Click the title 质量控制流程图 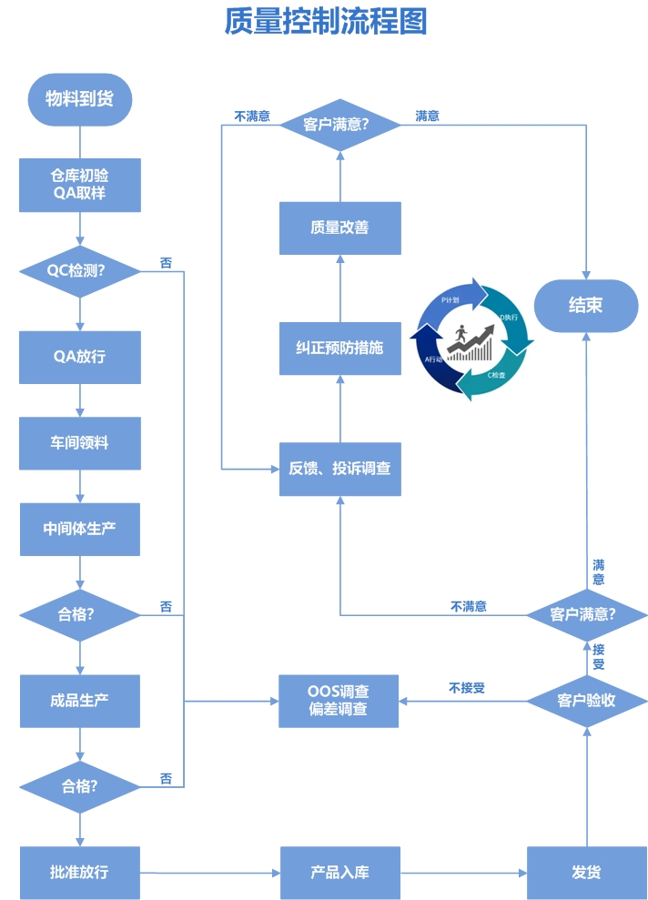325,22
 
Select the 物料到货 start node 80,98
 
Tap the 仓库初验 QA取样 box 80,185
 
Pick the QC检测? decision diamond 80,270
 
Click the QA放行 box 80,357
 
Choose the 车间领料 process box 80,443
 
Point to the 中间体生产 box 80,529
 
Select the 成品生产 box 80,701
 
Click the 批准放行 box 80,872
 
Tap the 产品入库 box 339,872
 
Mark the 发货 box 586,872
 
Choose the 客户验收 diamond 586,701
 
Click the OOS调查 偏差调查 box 339,701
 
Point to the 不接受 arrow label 467,688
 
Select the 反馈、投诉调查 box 339,469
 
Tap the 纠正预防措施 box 339,348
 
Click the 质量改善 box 339,228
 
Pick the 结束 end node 585,306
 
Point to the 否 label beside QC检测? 166,263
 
